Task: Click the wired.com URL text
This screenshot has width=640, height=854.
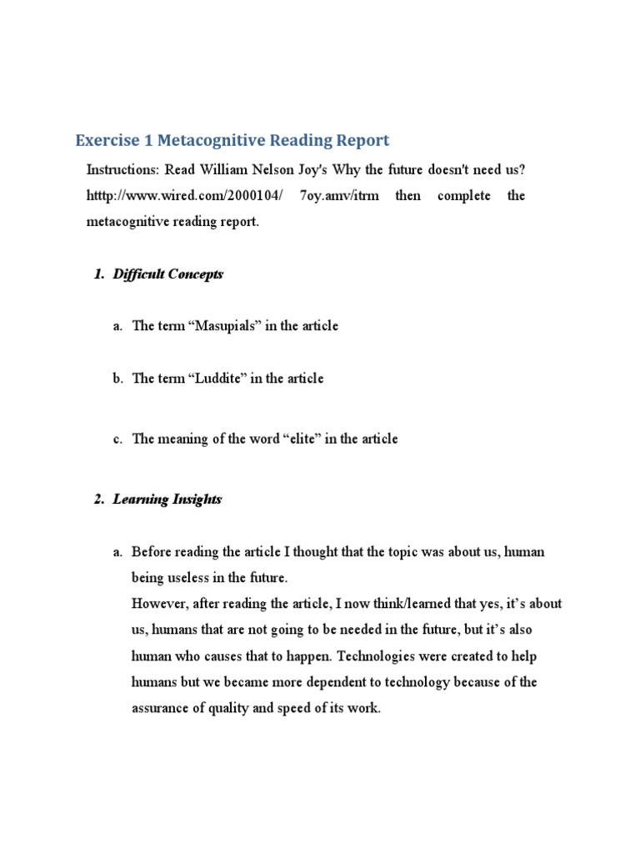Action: [x=186, y=196]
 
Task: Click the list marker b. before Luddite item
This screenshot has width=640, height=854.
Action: [x=118, y=379]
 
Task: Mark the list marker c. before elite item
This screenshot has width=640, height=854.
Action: [x=118, y=439]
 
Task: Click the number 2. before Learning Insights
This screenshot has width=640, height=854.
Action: [x=99, y=500]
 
